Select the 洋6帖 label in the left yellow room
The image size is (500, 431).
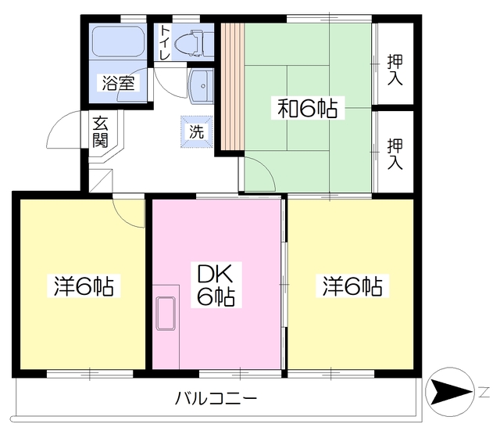84,286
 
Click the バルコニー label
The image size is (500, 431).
216,398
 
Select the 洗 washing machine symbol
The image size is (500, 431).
195,131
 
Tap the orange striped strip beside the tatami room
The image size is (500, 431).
231,86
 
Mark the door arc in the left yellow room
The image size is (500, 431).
130,212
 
